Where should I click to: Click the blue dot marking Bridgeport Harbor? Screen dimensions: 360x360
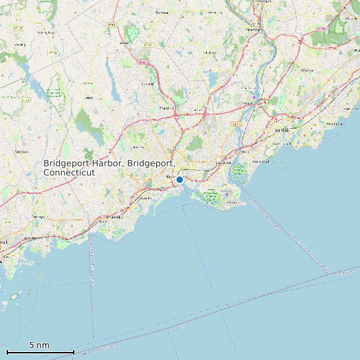click(x=179, y=179)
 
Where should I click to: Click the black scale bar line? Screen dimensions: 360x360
click(x=40, y=351)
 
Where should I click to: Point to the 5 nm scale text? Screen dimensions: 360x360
click(x=39, y=345)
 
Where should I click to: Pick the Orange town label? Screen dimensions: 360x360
click(x=307, y=69)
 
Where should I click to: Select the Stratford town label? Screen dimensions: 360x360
click(x=223, y=161)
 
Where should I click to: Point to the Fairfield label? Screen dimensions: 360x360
click(x=116, y=217)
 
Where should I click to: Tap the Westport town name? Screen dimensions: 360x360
click(x=38, y=217)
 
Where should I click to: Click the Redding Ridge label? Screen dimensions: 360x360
click(x=45, y=32)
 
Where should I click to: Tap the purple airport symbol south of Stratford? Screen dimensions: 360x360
click(x=227, y=195)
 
